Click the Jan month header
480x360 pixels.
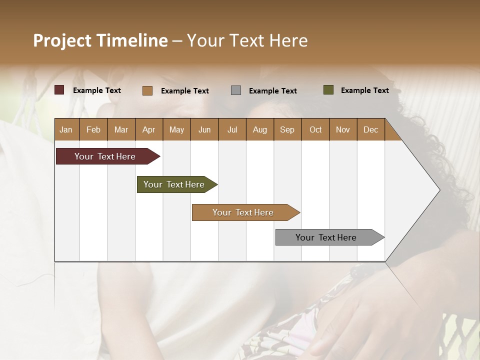(66, 130)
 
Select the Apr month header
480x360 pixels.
(148, 130)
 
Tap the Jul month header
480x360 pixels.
(232, 130)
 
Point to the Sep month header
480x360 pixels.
(287, 130)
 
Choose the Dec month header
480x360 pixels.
(370, 130)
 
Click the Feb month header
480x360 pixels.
(93, 130)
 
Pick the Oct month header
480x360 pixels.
(315, 130)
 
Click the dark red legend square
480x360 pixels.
(59, 90)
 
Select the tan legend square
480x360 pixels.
(147, 90)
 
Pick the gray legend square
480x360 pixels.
(236, 90)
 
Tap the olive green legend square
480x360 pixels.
(328, 90)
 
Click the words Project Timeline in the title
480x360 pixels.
(100, 40)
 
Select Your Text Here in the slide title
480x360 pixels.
(247, 40)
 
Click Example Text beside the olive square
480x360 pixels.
(364, 90)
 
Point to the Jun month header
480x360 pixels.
(204, 130)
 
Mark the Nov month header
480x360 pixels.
(343, 130)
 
